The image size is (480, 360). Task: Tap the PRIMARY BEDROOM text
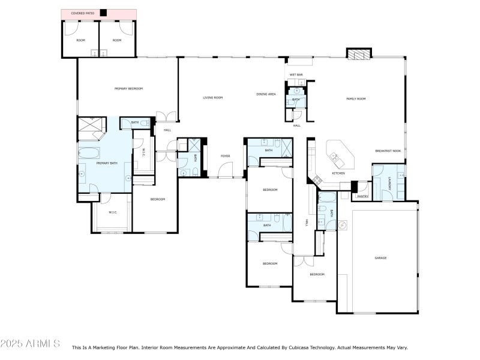click(128, 89)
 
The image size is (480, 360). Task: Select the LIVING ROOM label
click(212, 97)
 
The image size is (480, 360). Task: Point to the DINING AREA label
click(266, 94)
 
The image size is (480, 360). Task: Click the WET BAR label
click(296, 75)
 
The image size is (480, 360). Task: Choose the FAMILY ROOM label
click(356, 98)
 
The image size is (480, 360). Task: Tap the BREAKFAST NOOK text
click(388, 151)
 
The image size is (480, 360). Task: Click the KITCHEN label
click(338, 173)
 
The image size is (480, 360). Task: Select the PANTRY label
click(362, 196)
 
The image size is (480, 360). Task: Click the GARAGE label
click(380, 258)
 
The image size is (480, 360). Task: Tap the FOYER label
click(225, 156)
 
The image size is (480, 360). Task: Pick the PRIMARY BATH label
click(107, 163)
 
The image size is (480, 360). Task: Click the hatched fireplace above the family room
click(359, 55)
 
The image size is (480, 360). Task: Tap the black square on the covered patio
click(103, 13)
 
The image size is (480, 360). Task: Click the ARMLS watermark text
click(30, 344)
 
